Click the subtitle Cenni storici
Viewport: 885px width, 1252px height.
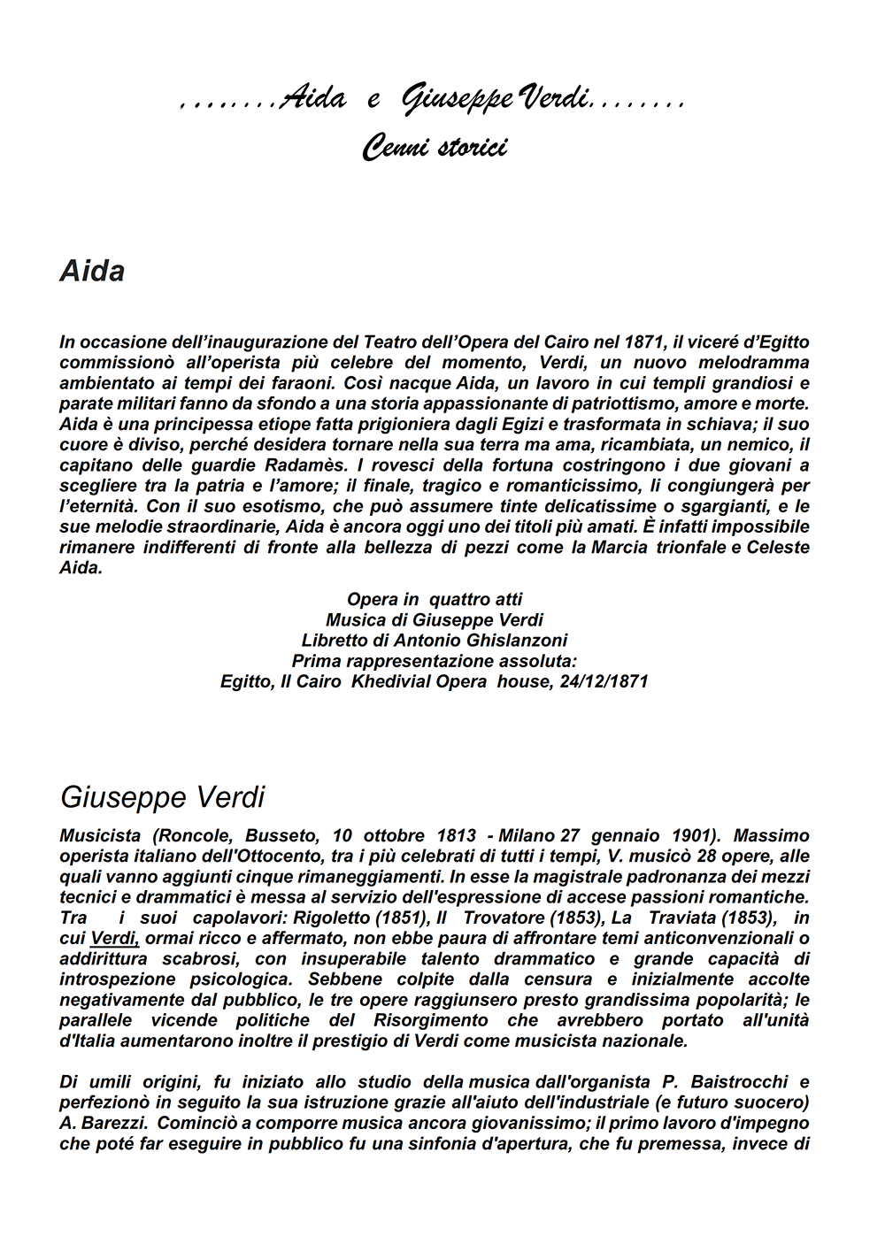(x=434, y=147)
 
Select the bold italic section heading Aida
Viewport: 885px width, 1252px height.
(x=92, y=271)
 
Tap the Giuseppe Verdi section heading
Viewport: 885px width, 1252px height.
(x=162, y=797)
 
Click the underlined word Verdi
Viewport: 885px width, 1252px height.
(x=114, y=938)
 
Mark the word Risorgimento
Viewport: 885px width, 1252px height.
(x=423, y=1020)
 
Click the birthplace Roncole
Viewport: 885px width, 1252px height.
(x=199, y=835)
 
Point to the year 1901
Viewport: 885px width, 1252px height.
(x=689, y=835)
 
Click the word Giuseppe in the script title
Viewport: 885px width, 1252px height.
(x=457, y=101)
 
